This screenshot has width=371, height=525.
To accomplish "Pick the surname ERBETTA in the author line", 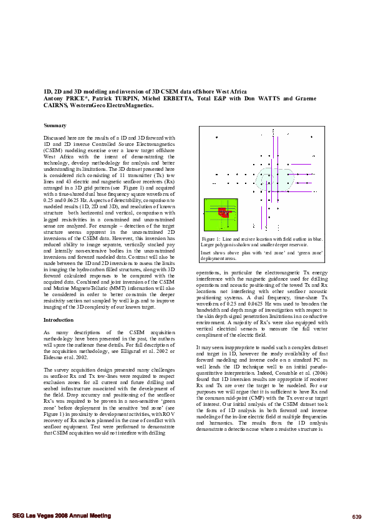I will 180,99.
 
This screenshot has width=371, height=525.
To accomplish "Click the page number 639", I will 357,517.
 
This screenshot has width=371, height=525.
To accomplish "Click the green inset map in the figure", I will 221,215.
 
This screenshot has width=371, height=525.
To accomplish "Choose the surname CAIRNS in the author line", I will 58,105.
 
